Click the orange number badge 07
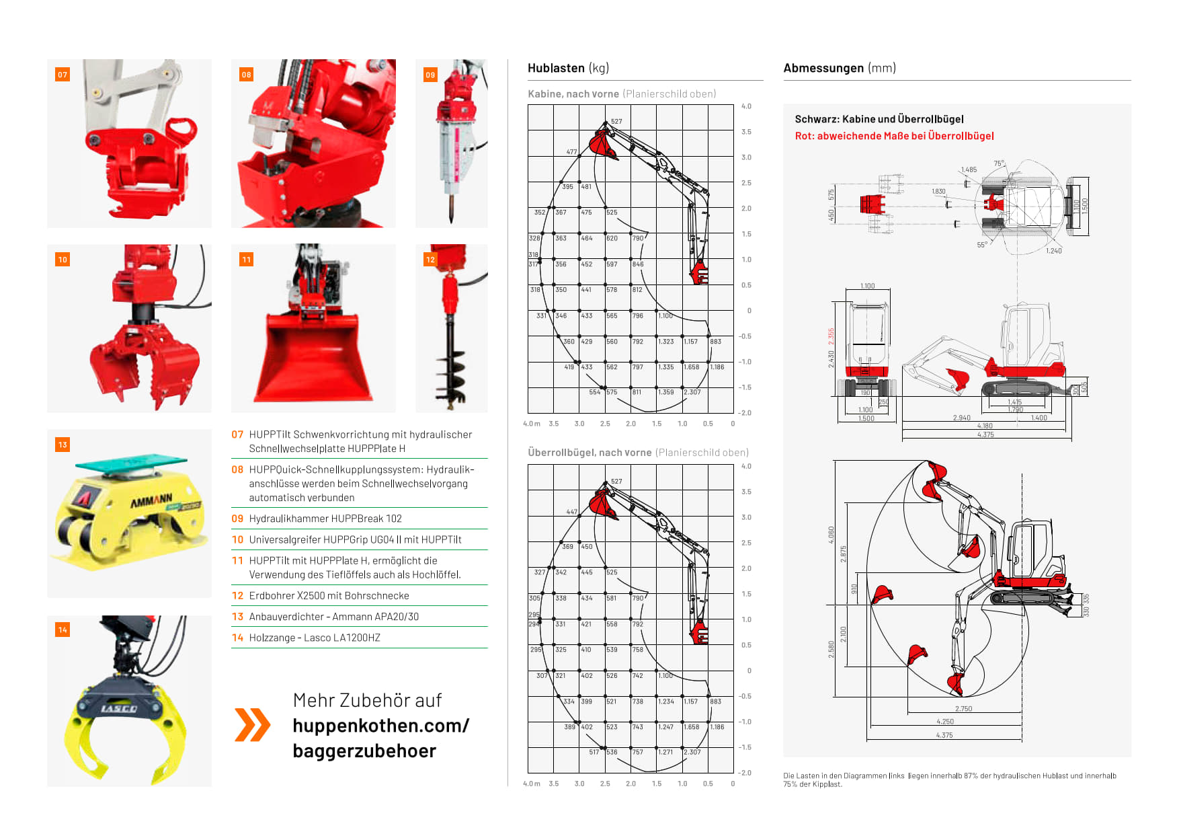pos(63,75)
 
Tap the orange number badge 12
pos(430,260)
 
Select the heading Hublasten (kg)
pos(568,68)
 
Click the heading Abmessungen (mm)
pos(839,68)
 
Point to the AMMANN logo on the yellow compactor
pos(151,501)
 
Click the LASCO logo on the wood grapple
pos(119,708)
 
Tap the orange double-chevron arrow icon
pos(252,724)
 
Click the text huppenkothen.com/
pos(380,726)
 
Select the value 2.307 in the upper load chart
pos(692,392)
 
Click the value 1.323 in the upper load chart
pos(666,342)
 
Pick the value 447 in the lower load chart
pos(571,512)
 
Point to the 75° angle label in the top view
pos(999,163)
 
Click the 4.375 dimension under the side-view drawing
pos(985,434)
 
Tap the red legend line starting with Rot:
pos(894,136)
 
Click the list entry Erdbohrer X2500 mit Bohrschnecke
pos(329,596)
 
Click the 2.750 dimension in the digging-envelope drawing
pos(963,709)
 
